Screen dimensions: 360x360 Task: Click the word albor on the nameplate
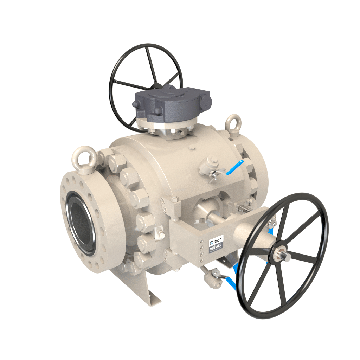tap(214, 242)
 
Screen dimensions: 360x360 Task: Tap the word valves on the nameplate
tap(215, 248)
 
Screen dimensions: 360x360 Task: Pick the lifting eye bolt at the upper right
tap(233, 125)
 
